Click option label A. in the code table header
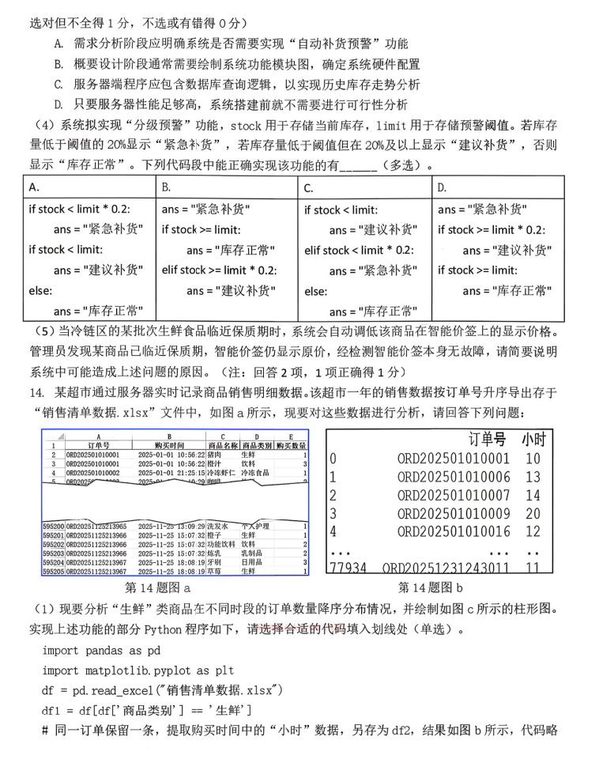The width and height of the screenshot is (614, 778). pyautogui.click(x=34, y=187)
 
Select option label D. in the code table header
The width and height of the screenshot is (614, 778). pyautogui.click(x=443, y=187)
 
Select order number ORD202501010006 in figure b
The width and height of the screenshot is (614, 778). pyautogui.click(x=454, y=477)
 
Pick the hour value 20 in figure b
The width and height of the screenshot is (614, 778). pyautogui.click(x=533, y=513)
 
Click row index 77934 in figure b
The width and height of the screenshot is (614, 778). pyautogui.click(x=348, y=568)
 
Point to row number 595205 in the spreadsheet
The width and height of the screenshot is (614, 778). pyautogui.click(x=52, y=571)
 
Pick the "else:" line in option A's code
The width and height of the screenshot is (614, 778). pyautogui.click(x=40, y=290)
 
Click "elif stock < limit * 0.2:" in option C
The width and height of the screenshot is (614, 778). pyautogui.click(x=360, y=251)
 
